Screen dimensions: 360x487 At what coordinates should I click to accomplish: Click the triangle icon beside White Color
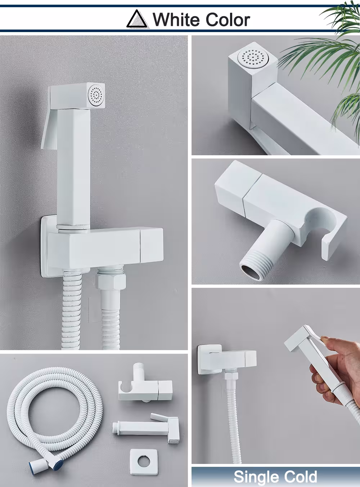coord(137,19)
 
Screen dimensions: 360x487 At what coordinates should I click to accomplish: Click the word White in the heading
coord(176,20)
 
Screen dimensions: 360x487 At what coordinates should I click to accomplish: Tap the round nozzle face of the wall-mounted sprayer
coord(96,95)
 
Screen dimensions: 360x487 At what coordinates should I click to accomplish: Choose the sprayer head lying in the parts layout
coord(146,426)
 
